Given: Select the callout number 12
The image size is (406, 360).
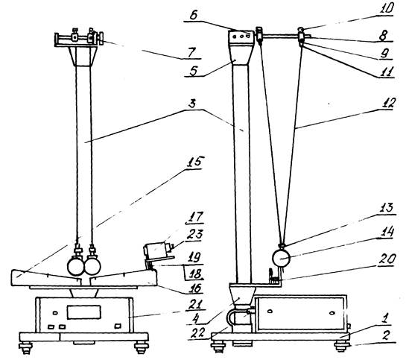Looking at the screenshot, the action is click(x=387, y=104).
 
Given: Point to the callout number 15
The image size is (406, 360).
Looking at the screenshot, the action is click(x=194, y=162).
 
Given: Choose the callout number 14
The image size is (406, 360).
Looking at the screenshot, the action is click(x=387, y=232).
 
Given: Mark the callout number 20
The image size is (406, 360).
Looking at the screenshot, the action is click(x=387, y=259).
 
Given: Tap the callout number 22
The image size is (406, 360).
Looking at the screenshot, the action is click(x=199, y=332).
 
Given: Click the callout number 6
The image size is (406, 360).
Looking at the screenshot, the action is click(x=194, y=16).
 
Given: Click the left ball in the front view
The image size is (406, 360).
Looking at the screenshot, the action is click(x=75, y=267).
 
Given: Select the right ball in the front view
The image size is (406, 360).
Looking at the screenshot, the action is click(x=92, y=267).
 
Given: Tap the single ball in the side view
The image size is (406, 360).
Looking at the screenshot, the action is click(x=281, y=258).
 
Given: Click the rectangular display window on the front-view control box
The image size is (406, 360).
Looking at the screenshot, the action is click(x=84, y=312).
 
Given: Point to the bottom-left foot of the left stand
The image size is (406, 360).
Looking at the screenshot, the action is click(x=26, y=347).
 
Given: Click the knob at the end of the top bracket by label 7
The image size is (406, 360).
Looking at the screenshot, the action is click(x=101, y=38).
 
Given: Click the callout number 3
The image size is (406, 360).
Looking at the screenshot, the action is click(x=192, y=104).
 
